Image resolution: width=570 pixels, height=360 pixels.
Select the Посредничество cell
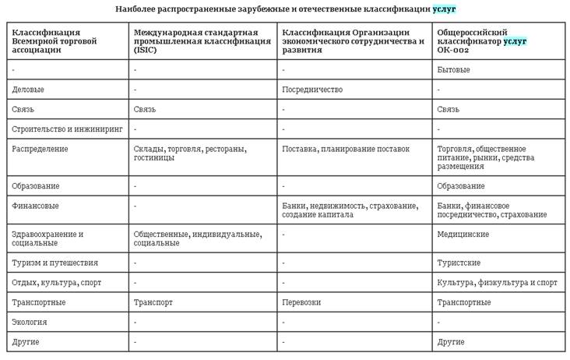point(312,90)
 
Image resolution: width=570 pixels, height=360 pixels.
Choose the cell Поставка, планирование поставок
point(345,149)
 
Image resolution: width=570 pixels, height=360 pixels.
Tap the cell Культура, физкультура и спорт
point(497,282)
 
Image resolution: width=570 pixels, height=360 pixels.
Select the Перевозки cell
point(301,302)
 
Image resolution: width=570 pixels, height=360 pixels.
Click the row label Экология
point(30,321)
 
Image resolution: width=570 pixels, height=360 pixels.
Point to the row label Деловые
point(29,90)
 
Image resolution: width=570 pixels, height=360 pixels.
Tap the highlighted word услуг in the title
point(445,9)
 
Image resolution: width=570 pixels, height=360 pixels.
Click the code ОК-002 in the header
point(452,50)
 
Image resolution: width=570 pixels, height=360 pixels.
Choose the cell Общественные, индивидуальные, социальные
point(197,238)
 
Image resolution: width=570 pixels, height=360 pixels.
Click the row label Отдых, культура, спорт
point(57,282)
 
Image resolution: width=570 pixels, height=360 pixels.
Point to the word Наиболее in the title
point(133,9)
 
